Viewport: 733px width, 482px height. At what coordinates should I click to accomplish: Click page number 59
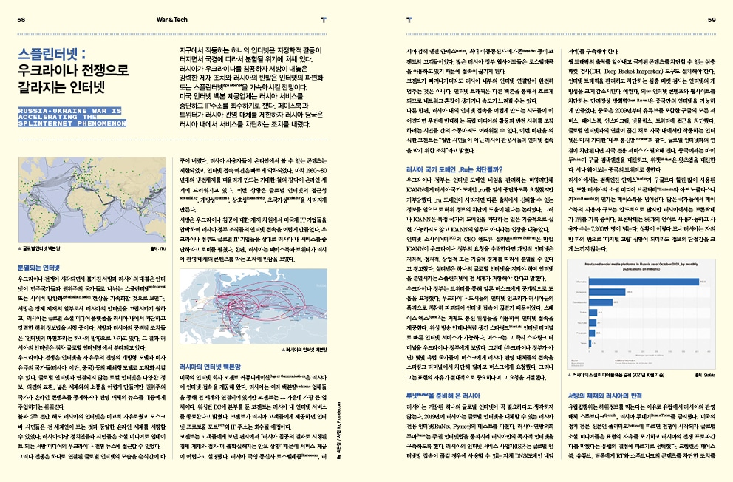711,20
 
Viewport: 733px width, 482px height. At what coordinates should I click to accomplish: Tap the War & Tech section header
171,20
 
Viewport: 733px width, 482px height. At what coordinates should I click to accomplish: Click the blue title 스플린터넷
52,55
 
